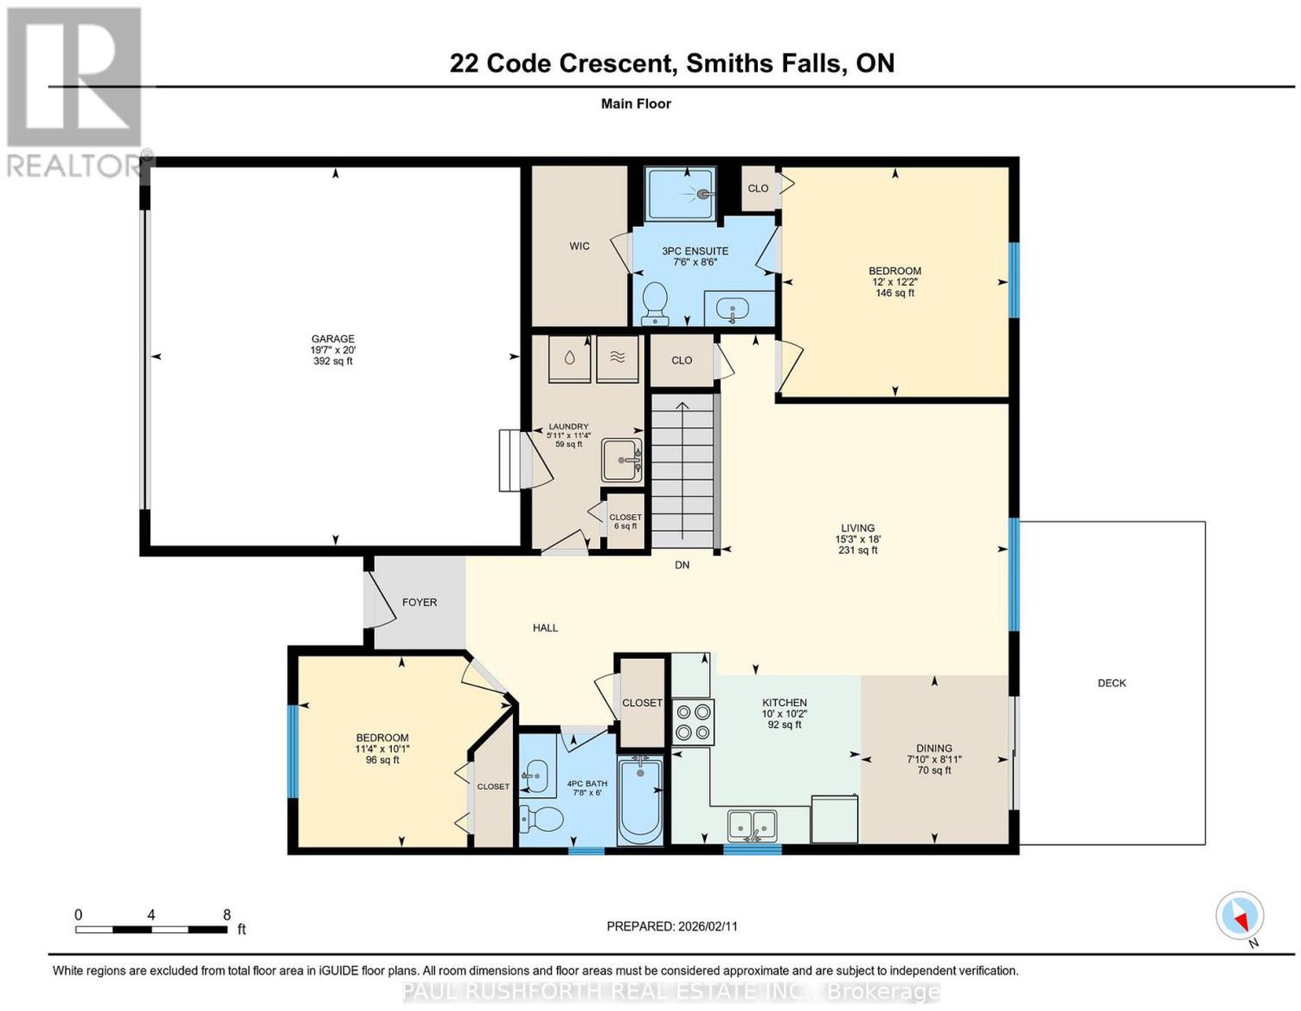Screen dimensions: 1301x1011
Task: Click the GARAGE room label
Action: pyautogui.click(x=333, y=339)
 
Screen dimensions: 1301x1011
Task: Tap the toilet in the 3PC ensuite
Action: pyautogui.click(x=655, y=303)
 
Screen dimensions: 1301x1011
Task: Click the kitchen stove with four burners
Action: pyautogui.click(x=694, y=722)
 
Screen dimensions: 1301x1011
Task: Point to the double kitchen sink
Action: pyautogui.click(x=753, y=826)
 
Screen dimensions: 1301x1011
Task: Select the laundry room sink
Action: pyautogui.click(x=622, y=460)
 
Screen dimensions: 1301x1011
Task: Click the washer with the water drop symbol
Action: pyautogui.click(x=569, y=358)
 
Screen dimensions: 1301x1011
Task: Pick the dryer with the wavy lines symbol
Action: pyautogui.click(x=617, y=358)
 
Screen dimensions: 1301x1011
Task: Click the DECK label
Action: pyautogui.click(x=1112, y=683)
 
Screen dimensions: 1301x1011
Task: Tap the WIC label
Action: pyautogui.click(x=580, y=246)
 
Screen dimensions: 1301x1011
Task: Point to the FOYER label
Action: pyautogui.click(x=419, y=602)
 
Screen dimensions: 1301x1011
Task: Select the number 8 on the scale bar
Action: pyautogui.click(x=226, y=915)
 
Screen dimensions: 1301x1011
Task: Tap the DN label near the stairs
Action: pyautogui.click(x=682, y=564)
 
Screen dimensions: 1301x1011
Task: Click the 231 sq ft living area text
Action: pyautogui.click(x=858, y=550)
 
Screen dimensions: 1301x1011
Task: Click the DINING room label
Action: pyautogui.click(x=934, y=748)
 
